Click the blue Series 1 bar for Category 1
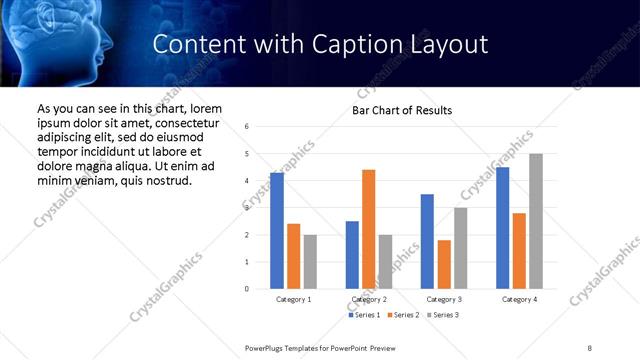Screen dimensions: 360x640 (277, 231)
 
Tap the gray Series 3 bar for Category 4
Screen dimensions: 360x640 (536, 221)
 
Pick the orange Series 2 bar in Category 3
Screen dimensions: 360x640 (444, 264)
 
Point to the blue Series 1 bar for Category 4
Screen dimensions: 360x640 (502, 228)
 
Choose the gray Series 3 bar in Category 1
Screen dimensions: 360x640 (310, 262)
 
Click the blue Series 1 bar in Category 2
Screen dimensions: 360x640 (352, 255)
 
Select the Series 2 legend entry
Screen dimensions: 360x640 (404, 316)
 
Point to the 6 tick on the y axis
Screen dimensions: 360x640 (247, 127)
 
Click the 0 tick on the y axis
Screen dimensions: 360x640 (247, 289)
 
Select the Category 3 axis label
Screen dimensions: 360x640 (444, 299)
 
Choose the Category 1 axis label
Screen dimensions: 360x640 (293, 299)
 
